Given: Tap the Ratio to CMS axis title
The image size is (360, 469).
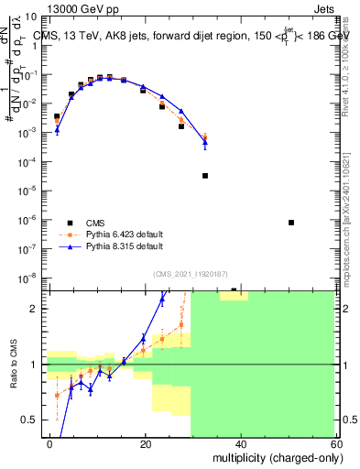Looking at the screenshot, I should point(14,364).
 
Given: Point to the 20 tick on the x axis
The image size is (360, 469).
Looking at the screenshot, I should point(146,442).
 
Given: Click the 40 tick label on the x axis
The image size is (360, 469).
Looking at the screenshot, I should point(241,442).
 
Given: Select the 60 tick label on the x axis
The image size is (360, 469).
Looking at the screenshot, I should point(335,442).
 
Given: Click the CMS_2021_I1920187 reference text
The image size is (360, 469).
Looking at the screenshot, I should point(191,273).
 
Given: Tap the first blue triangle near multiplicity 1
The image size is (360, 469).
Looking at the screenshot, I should point(57,130).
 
